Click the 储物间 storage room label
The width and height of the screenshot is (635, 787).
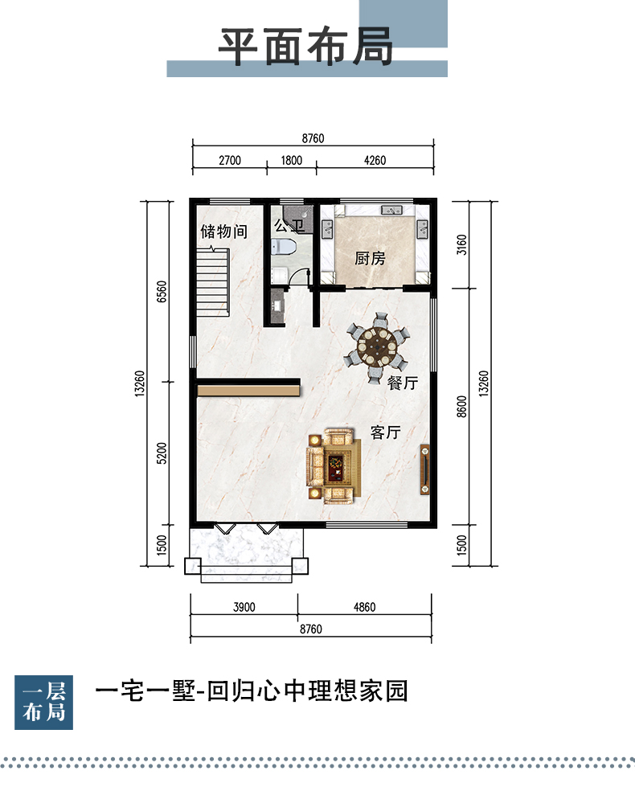pos(224,232)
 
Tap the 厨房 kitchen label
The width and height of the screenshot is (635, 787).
pos(370,259)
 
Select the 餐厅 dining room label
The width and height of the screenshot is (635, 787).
pos(403,383)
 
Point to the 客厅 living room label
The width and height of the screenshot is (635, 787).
pos(386,432)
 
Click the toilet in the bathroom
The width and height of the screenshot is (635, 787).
pos(284,247)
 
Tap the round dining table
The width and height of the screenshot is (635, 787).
pos(376,346)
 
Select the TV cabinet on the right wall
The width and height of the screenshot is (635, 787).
pos(424,469)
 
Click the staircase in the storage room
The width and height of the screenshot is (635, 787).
pos(212,281)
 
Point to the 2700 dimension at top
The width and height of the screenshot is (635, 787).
pos(230,161)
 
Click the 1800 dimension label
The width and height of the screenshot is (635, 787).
pos(291,161)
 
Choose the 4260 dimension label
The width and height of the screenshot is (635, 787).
pos(375,161)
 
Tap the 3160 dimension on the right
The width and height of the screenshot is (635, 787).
pos(461,244)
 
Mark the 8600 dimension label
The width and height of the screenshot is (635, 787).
pos(461,406)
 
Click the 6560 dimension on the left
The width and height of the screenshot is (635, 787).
pos(162,291)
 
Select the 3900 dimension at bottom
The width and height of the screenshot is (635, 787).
pos(244,607)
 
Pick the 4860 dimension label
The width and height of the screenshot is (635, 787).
pos(364,607)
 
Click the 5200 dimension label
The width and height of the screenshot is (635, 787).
pos(162,453)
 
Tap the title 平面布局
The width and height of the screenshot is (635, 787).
pos(305,47)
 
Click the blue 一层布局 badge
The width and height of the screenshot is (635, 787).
pos(43,702)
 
